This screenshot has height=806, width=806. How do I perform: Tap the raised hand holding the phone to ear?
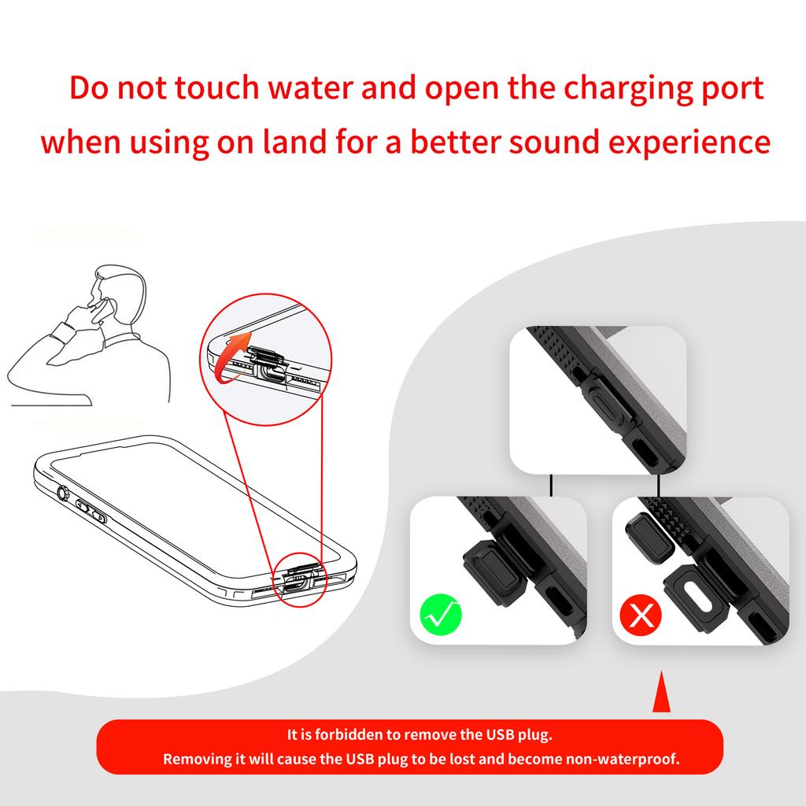pyautogui.click(x=88, y=308)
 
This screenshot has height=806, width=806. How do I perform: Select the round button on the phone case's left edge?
pyautogui.click(x=63, y=495)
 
